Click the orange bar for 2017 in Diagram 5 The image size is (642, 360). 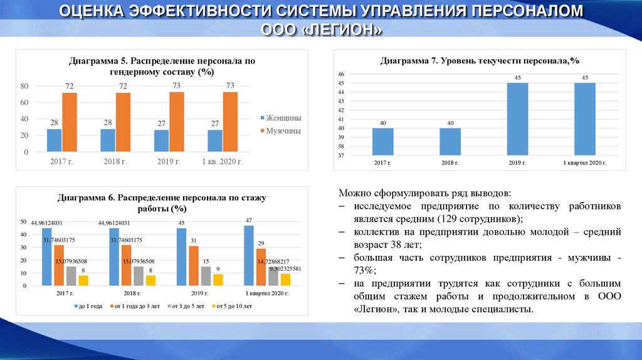pos(70,122)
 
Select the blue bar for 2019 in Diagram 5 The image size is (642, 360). pos(162,140)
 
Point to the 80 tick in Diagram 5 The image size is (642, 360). pos(25,85)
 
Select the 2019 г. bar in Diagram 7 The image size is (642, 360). pos(517,119)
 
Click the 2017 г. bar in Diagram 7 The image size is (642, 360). pos(382,142)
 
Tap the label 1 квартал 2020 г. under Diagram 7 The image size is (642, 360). pos(584,163)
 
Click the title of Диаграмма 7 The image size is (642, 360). pos(480,61)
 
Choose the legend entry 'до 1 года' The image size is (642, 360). pos(88,306)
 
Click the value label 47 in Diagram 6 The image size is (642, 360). pos(248,221)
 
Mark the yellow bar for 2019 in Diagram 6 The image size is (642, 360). pos(218,280)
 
